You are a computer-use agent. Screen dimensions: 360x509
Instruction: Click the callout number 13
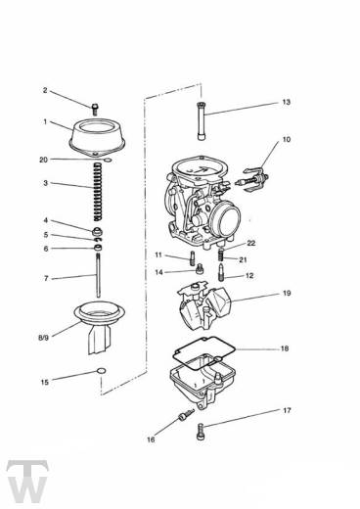pyautogui.click(x=286, y=102)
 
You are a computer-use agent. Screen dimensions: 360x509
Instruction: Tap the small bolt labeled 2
pyautogui.click(x=95, y=110)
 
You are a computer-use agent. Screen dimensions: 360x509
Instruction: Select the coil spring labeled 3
pyautogui.click(x=98, y=191)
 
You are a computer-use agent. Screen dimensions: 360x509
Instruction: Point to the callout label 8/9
pyautogui.click(x=43, y=338)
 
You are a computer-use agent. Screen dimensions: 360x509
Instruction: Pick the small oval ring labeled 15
pyautogui.click(x=102, y=371)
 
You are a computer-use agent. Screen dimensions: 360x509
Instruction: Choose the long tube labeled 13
pyautogui.click(x=202, y=121)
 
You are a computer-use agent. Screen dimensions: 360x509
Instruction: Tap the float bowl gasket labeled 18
pyautogui.click(x=204, y=353)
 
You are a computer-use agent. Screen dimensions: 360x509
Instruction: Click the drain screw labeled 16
pyautogui.click(x=186, y=414)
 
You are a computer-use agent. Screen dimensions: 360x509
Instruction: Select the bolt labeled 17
pyautogui.click(x=201, y=432)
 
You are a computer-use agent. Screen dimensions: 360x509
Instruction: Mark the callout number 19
pyautogui.click(x=287, y=293)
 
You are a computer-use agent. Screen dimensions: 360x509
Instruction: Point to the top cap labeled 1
pyautogui.click(x=97, y=137)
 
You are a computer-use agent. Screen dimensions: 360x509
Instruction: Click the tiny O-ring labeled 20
pyautogui.click(x=108, y=161)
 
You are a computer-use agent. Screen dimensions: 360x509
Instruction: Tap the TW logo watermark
pyautogui.click(x=27, y=481)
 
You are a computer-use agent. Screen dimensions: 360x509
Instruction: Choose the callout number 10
pyautogui.click(x=286, y=139)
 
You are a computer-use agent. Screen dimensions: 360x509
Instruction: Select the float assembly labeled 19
pyautogui.click(x=204, y=305)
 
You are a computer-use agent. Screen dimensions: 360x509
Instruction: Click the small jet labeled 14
pyautogui.click(x=200, y=269)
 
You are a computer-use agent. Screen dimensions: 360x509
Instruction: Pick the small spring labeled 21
pyautogui.click(x=221, y=254)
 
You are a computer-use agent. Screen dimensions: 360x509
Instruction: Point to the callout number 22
pyautogui.click(x=251, y=243)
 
